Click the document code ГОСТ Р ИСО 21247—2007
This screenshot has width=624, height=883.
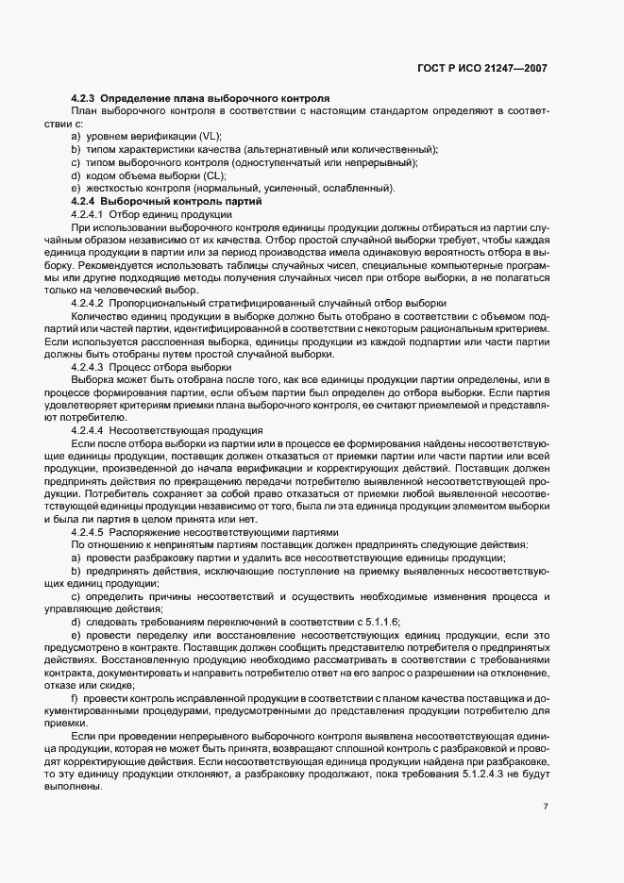pyautogui.click(x=482, y=69)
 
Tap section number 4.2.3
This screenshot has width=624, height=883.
pyautogui.click(x=84, y=98)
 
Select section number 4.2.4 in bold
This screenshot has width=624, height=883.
pyautogui.click(x=84, y=200)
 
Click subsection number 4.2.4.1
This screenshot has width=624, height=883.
pyautogui.click(x=88, y=215)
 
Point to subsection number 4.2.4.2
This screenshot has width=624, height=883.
pyautogui.click(x=88, y=304)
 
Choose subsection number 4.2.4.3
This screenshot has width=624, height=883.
pyautogui.click(x=88, y=366)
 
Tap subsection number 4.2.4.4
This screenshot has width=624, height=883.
pyautogui.click(x=88, y=429)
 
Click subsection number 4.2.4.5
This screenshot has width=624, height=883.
pyautogui.click(x=88, y=531)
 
